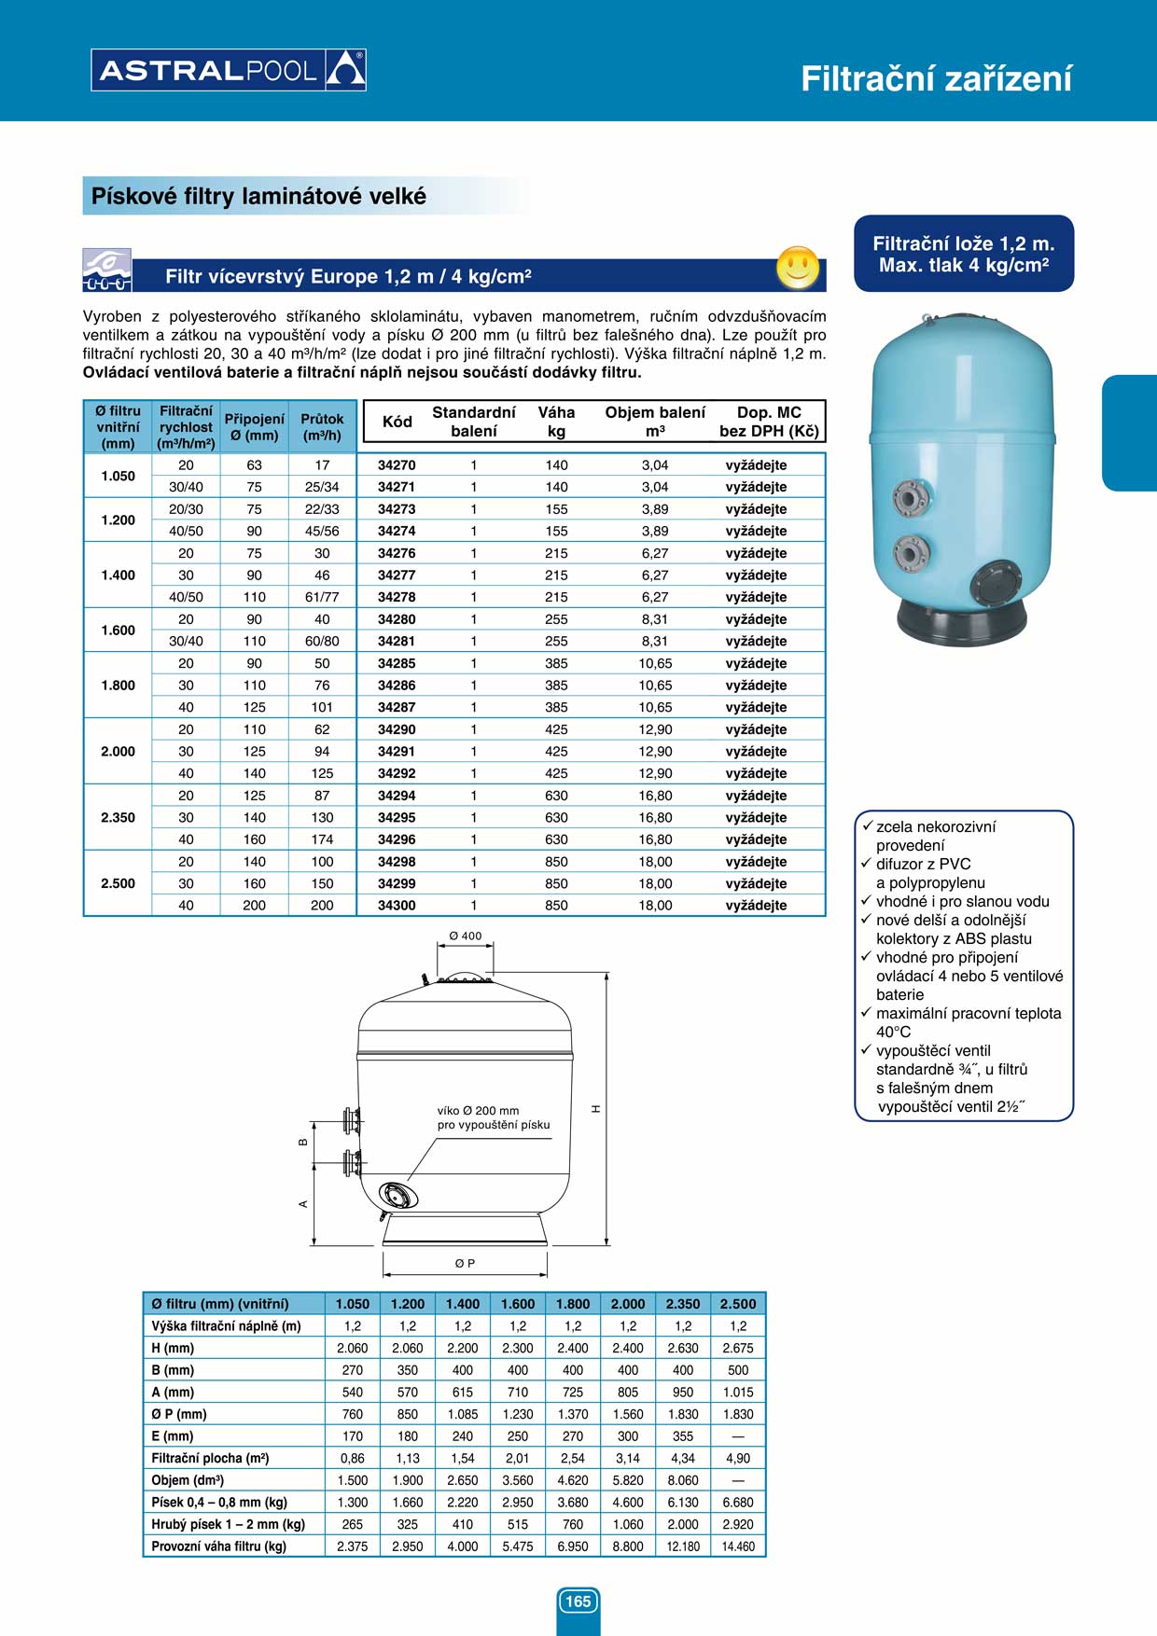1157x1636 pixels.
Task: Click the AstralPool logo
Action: point(229,70)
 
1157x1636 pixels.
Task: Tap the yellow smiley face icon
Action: point(798,268)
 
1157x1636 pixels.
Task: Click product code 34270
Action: point(397,464)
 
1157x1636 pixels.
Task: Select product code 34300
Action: point(397,905)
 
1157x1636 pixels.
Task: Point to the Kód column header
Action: point(397,422)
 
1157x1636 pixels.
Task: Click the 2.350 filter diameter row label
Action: point(118,817)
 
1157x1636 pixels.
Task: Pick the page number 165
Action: point(578,1601)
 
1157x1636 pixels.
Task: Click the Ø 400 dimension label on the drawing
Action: point(466,936)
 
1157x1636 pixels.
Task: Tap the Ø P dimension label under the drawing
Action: point(465,1263)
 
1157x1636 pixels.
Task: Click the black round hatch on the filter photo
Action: point(996,585)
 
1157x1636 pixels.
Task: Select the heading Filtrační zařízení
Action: point(936,78)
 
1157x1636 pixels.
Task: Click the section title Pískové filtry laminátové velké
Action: point(258,196)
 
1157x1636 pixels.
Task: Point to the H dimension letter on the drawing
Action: point(595,1108)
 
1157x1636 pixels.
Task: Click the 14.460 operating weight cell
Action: point(738,1546)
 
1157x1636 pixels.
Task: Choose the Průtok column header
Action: point(322,427)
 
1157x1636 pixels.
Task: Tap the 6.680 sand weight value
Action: point(738,1502)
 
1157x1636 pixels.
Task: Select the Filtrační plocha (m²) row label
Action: point(210,1458)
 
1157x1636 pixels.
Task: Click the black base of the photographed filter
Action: point(961,622)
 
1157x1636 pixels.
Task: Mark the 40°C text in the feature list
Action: point(893,1032)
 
